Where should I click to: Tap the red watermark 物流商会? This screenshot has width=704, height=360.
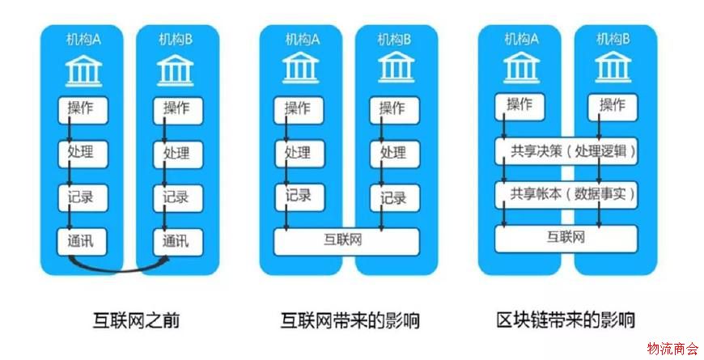672,348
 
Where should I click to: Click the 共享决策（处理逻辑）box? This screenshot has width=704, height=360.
566,151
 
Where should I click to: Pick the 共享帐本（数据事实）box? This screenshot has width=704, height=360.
566,195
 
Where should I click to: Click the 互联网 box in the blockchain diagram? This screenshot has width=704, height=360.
566,238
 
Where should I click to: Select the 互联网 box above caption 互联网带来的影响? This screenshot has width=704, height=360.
347,240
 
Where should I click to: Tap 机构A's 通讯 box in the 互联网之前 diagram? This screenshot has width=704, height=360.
82,240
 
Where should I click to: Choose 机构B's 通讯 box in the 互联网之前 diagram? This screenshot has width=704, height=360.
177,240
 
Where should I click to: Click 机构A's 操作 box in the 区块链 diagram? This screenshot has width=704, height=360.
519,105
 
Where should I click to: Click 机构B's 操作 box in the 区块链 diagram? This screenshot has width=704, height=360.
612,105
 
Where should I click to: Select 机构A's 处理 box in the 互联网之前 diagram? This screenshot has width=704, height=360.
82,152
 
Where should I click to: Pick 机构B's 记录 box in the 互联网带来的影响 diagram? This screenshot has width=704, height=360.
394,197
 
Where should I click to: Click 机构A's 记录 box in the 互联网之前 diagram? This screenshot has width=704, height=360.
82,197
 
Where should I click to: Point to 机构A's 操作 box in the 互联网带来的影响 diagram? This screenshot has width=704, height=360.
299,108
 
